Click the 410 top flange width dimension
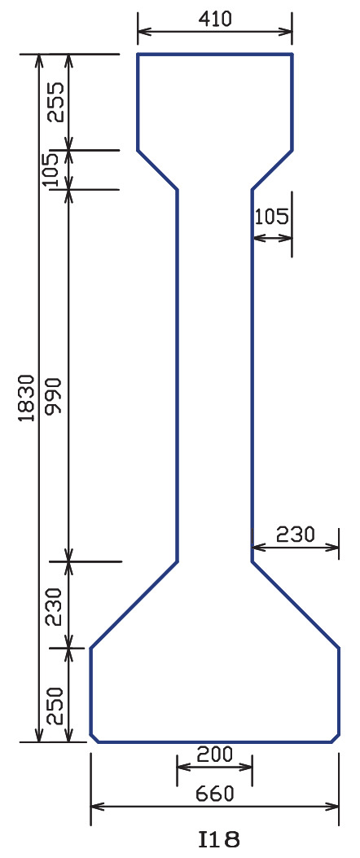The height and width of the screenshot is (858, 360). [x=216, y=19]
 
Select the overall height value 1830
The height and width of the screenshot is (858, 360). [x=27, y=398]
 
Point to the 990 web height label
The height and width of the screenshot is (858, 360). [x=56, y=398]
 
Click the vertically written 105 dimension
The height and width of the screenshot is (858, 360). [x=50, y=169]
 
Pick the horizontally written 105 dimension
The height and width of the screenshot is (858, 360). [x=271, y=218]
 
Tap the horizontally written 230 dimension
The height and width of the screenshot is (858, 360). [x=296, y=534]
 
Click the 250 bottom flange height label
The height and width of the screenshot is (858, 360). [x=56, y=706]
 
